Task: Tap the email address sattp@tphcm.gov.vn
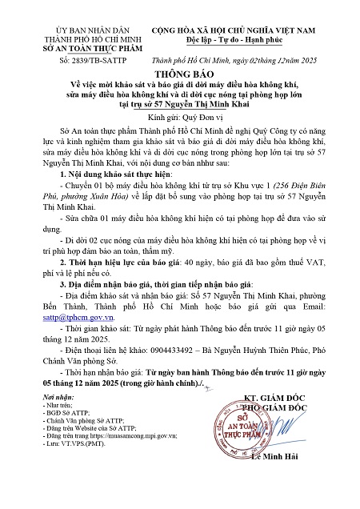click(71, 340)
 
